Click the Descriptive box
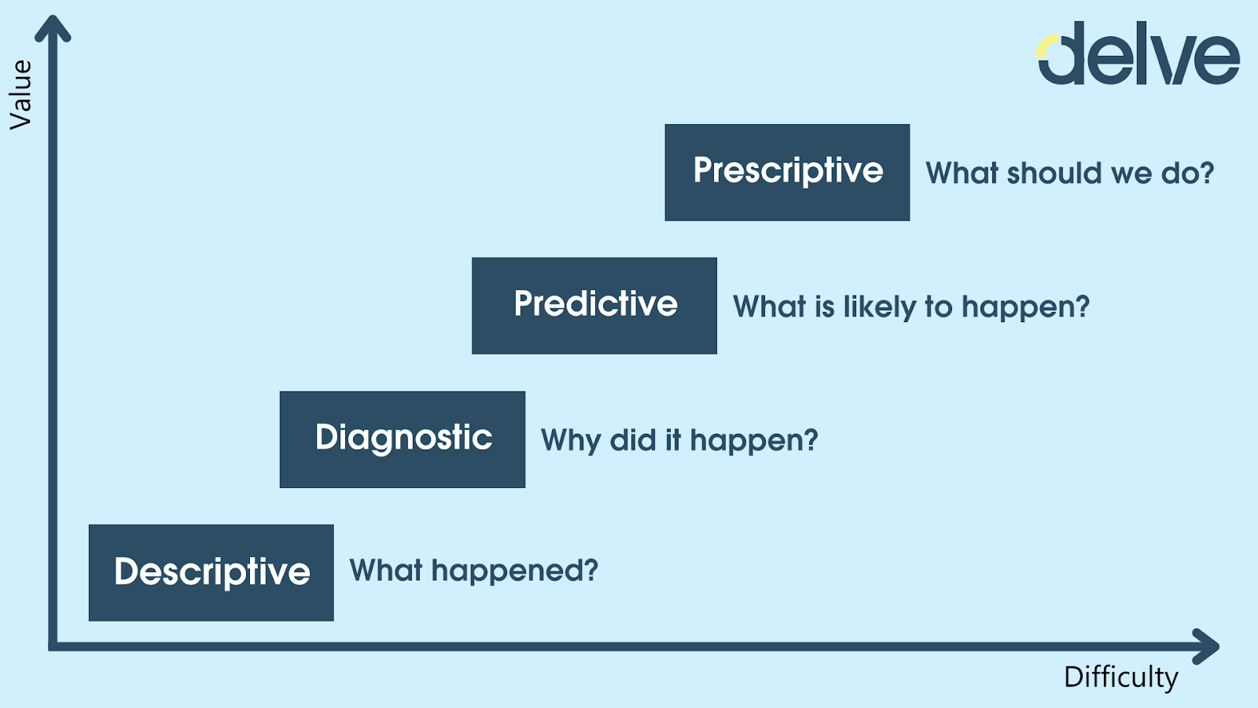212,573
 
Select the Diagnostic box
402,439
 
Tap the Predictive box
594,306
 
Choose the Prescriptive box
787,172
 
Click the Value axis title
21,95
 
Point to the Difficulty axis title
1121,678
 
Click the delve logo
1138,53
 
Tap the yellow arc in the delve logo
1045,45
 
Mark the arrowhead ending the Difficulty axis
1205,647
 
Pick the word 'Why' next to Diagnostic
571,441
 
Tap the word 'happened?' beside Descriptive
515,571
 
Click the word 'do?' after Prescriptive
1187,173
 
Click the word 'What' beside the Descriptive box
386,570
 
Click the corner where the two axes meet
53,647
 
